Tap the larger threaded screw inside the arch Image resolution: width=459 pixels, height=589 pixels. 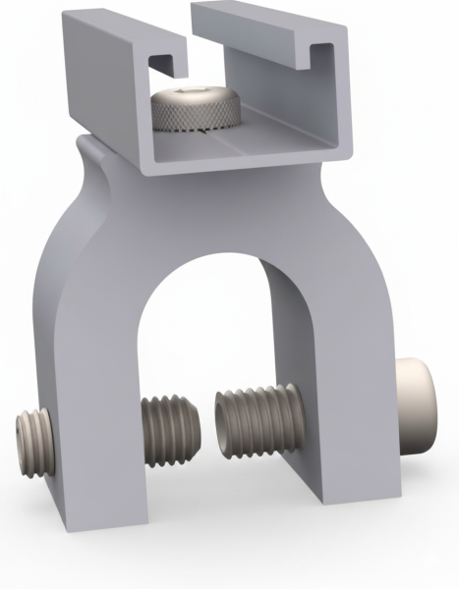point(258,420)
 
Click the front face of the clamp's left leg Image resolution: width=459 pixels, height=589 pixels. point(93,393)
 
